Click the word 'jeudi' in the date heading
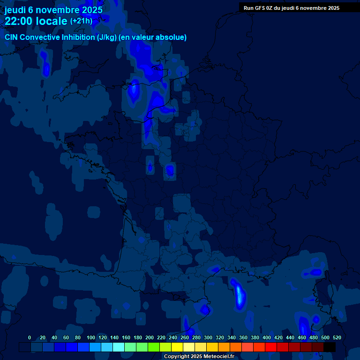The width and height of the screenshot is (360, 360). pyautogui.click(x=15, y=9)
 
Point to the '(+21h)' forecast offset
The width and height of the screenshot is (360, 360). pyautogui.click(x=81, y=21)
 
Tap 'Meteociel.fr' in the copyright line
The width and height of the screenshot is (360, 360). pyautogui.click(x=218, y=357)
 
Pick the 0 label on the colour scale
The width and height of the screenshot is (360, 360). pyautogui.click(x=30, y=337)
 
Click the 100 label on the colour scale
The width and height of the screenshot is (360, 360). pyautogui.click(x=90, y=337)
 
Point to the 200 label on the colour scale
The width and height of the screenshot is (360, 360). pyautogui.click(x=149, y=337)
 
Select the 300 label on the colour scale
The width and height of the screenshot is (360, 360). pyautogui.click(x=208, y=337)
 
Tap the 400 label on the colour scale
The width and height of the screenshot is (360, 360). pyautogui.click(x=266, y=337)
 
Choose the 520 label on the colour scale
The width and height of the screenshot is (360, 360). pyautogui.click(x=337, y=337)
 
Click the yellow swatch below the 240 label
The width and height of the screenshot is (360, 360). pyautogui.click(x=177, y=347)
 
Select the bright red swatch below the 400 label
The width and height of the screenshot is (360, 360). pyautogui.click(x=270, y=347)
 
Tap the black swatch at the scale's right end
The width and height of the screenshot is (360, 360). pyautogui.click(x=329, y=347)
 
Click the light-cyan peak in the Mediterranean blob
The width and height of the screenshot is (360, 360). pyautogui.click(x=240, y=296)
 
